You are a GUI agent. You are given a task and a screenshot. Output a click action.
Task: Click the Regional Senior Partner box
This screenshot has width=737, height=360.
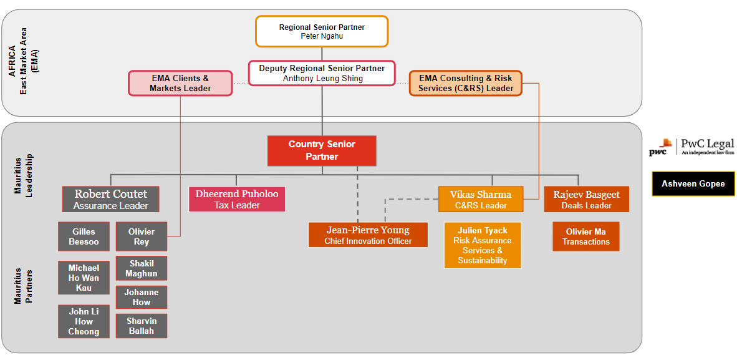(x=322, y=31)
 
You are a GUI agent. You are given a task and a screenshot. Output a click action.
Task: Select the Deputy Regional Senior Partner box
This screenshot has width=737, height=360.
(x=322, y=73)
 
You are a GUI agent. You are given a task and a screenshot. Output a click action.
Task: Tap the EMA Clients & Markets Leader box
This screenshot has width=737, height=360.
(x=180, y=84)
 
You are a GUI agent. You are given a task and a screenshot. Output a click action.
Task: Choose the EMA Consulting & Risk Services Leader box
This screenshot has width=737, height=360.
(x=465, y=84)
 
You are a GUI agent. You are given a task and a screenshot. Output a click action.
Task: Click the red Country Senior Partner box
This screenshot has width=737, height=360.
(x=322, y=150)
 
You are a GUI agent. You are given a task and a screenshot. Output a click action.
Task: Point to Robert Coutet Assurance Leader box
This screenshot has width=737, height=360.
(x=111, y=199)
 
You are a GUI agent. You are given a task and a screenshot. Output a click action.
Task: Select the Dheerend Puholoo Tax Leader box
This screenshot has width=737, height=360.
(x=237, y=199)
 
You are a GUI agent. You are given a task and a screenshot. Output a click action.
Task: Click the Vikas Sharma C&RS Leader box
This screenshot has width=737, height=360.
(x=481, y=199)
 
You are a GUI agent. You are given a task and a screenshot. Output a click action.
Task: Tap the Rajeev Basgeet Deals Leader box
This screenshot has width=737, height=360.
(x=586, y=199)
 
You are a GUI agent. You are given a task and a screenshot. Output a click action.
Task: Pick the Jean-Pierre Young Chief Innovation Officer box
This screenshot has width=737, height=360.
(x=368, y=235)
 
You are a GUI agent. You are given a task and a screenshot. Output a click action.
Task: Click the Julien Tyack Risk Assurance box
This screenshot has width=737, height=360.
(x=483, y=245)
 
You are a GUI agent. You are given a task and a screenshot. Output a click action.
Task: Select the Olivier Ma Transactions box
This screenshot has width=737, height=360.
(x=586, y=236)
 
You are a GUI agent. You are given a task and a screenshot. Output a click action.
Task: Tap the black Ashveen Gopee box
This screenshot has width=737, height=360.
(x=693, y=183)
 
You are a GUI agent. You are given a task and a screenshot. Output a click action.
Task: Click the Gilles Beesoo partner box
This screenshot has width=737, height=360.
(x=84, y=236)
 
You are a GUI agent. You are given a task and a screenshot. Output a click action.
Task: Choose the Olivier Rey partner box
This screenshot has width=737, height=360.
(x=142, y=236)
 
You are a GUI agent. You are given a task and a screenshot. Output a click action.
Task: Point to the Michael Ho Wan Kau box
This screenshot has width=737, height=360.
(x=84, y=278)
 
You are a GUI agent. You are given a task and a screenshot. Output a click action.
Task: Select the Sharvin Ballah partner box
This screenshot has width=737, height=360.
(x=142, y=326)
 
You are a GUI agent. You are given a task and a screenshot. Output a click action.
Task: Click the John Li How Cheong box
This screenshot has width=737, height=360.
(x=84, y=321)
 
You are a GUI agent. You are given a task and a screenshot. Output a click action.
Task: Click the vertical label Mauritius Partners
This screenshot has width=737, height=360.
(x=23, y=286)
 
